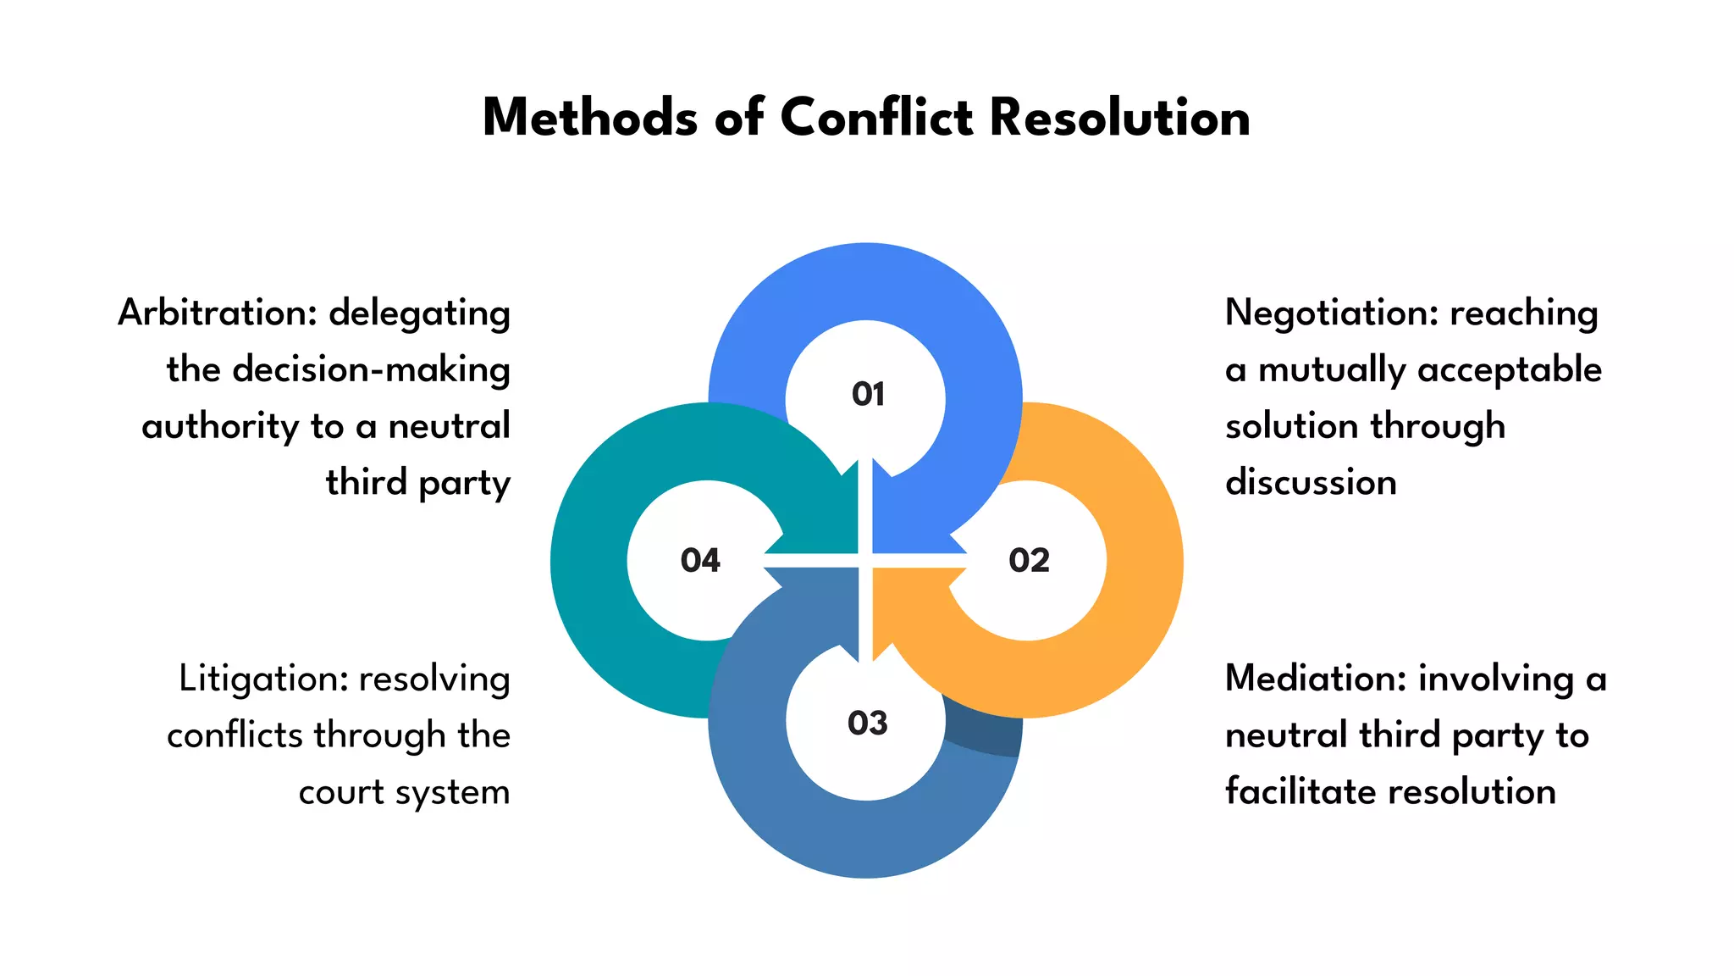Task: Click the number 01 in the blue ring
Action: [868, 394]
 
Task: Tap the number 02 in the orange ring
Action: [1029, 561]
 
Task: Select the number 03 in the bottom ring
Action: [867, 723]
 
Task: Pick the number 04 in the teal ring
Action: [700, 561]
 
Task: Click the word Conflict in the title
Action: [875, 117]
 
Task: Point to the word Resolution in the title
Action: [1119, 117]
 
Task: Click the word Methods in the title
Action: [590, 117]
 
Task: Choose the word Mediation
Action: [1316, 679]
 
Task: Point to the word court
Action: [340, 793]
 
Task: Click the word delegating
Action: [419, 313]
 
